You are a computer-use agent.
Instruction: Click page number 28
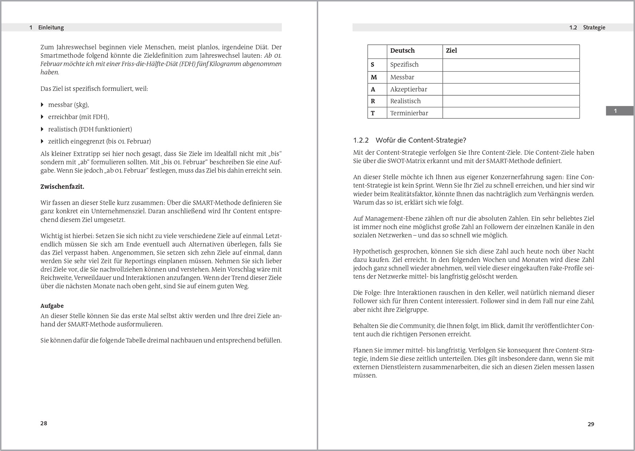pyautogui.click(x=44, y=423)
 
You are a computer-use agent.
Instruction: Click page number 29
pyautogui.click(x=591, y=424)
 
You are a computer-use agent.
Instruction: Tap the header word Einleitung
pyautogui.click(x=51, y=28)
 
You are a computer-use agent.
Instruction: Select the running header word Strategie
pyautogui.click(x=594, y=28)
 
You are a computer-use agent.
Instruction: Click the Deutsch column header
pyautogui.click(x=402, y=51)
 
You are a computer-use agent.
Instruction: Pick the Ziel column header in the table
pyautogui.click(x=451, y=51)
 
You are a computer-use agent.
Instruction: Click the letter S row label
pyautogui.click(x=372, y=65)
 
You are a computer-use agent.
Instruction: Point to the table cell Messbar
pyautogui.click(x=402, y=77)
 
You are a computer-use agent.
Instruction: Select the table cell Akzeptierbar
pyautogui.click(x=408, y=89)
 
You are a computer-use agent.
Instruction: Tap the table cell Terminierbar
pyautogui.click(x=409, y=113)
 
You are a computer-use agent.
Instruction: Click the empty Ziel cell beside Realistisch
pyautogui.click(x=511, y=101)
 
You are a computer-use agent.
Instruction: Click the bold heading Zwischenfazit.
pyautogui.click(x=62, y=187)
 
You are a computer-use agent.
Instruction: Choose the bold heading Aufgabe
pyautogui.click(x=52, y=306)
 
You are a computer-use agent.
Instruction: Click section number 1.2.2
pyautogui.click(x=361, y=140)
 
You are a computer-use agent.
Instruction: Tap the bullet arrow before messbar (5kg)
pyautogui.click(x=43, y=105)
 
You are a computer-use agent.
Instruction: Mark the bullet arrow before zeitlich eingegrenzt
pyautogui.click(x=43, y=141)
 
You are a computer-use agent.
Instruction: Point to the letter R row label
pyautogui.click(x=373, y=101)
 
